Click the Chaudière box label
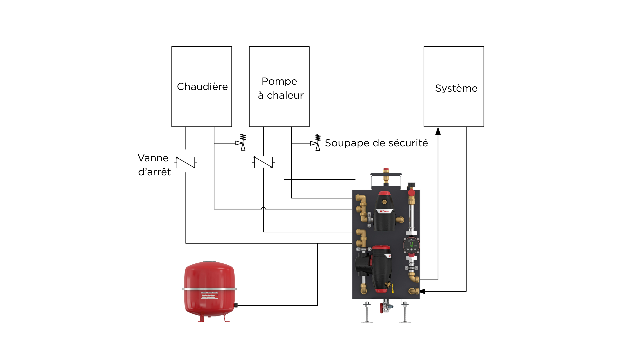click(202, 87)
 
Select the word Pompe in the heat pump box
click(279, 81)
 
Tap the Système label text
click(456, 88)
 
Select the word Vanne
click(153, 158)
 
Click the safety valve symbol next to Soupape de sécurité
click(316, 143)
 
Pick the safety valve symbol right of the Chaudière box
click(242, 143)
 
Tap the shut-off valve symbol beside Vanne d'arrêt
click(186, 162)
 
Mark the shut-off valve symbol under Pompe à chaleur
click(263, 162)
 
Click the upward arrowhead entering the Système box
click(438, 131)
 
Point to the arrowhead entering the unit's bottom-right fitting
click(423, 291)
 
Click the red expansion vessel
click(209, 290)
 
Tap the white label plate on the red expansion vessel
click(209, 295)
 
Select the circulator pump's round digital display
click(411, 245)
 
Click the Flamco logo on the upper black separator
click(385, 211)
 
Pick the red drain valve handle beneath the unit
click(381, 308)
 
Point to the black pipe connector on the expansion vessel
click(236, 305)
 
